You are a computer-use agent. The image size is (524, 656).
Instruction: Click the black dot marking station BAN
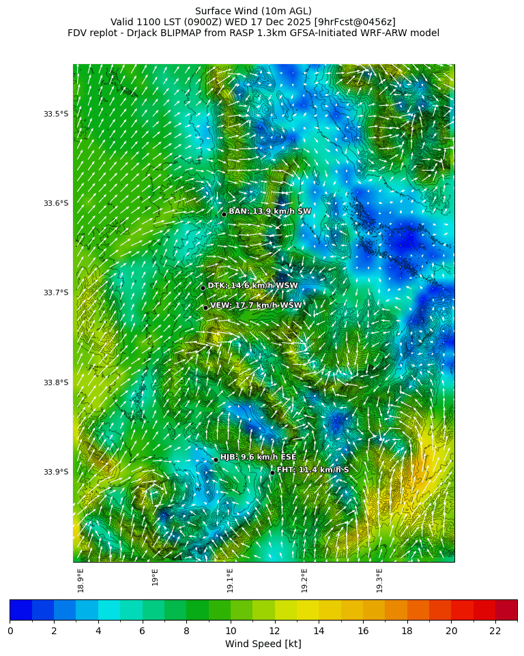(224, 214)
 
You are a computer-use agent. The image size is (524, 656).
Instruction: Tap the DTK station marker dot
(203, 288)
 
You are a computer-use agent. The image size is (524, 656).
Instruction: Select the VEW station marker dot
(205, 308)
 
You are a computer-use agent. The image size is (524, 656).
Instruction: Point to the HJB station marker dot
(216, 460)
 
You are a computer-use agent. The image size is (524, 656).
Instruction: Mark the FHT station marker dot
(272, 473)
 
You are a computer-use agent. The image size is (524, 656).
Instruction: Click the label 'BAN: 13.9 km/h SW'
(270, 211)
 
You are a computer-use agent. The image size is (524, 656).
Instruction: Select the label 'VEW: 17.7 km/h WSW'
(255, 305)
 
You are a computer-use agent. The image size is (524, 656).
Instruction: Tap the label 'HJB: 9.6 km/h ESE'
(258, 457)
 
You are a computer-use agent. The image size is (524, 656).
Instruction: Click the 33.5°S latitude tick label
(56, 114)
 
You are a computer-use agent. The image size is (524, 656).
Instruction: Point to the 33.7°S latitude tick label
(56, 293)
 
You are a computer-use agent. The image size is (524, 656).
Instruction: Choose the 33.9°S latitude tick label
(56, 472)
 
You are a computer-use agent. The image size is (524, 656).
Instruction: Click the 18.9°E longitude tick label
(81, 580)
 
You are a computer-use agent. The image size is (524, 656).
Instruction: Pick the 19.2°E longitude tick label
(305, 580)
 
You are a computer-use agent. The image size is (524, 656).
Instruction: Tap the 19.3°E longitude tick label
(380, 580)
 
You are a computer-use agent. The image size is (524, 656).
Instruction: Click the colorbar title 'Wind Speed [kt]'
(263, 644)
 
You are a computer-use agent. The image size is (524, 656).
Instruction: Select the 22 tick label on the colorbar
(495, 631)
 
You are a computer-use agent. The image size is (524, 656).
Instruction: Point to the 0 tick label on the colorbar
(10, 631)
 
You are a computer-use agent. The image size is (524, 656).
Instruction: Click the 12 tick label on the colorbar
(274, 631)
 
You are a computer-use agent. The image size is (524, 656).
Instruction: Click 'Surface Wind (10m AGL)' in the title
(253, 11)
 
